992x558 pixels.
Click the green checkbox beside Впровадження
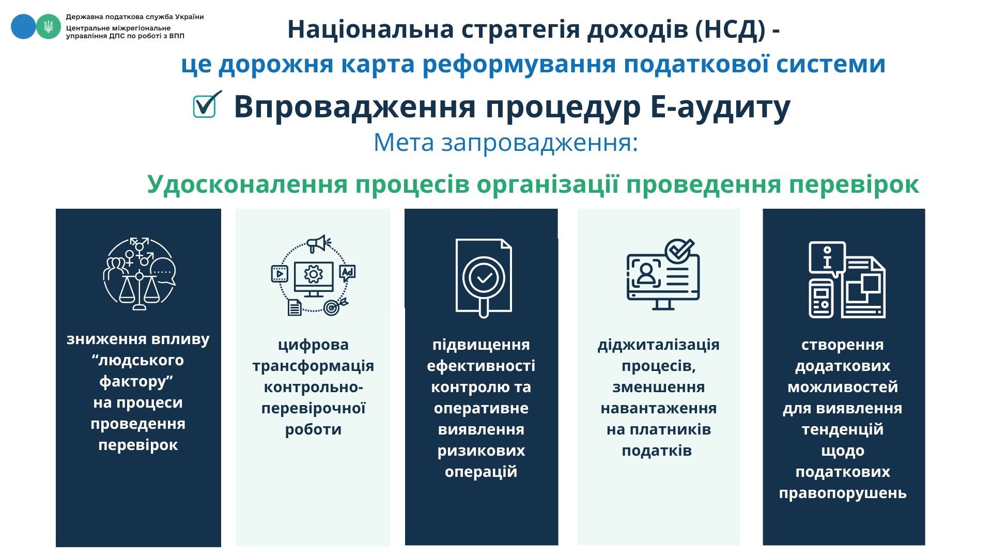[x=205, y=106]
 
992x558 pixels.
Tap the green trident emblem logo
[x=49, y=26]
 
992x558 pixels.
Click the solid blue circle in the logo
[x=23, y=26]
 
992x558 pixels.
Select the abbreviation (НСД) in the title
[x=730, y=29]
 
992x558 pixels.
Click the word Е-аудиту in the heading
[x=720, y=107]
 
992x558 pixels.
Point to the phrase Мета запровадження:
[x=506, y=142]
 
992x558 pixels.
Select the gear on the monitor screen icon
[x=313, y=274]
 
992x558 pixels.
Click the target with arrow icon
[x=334, y=307]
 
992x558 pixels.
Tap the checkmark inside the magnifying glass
[x=484, y=278]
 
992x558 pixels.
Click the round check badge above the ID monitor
[x=679, y=251]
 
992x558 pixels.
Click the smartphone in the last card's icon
[x=822, y=299]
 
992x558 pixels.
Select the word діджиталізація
[x=658, y=345]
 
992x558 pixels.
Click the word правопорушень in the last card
[x=843, y=493]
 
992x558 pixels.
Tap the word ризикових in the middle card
[x=481, y=451]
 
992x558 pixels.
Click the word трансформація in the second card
[x=313, y=366]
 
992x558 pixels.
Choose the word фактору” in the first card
[x=136, y=381]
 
